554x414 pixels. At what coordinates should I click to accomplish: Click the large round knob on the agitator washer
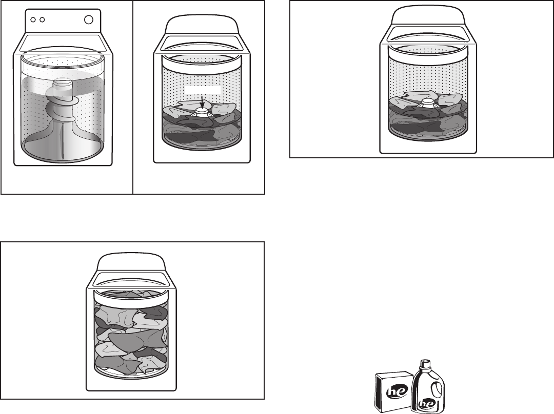point(88,20)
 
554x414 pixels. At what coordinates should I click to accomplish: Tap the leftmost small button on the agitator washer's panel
point(33,20)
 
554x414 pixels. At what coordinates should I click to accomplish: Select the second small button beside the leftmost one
point(42,20)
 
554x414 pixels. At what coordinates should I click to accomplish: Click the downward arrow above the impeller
point(202,102)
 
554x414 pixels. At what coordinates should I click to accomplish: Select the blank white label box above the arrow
point(203,90)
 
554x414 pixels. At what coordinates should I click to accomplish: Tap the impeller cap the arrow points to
point(202,112)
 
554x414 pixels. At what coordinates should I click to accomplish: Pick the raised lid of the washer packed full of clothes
point(131,262)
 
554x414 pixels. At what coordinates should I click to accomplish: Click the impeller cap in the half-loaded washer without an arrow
point(427,103)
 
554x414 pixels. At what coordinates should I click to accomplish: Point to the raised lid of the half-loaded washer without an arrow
point(428,17)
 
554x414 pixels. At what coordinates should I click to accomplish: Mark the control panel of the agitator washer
point(63,21)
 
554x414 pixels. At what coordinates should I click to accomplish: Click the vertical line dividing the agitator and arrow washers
point(133,97)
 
